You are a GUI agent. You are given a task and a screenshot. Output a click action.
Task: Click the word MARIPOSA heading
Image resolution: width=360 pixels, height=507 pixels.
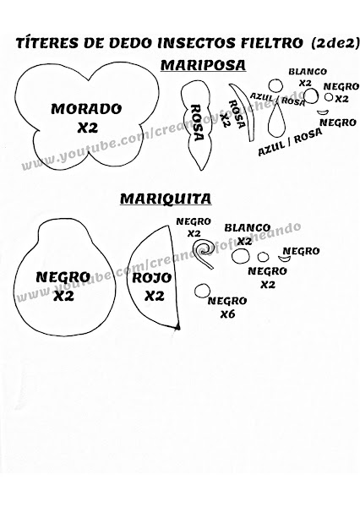coord(203,65)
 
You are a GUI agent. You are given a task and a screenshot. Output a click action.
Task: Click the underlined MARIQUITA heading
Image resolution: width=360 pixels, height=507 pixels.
coord(166,199)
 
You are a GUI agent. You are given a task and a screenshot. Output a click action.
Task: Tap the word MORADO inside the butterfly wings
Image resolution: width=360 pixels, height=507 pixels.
coord(86,109)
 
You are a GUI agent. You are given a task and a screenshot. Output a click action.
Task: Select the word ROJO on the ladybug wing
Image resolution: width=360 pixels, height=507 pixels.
coord(152,278)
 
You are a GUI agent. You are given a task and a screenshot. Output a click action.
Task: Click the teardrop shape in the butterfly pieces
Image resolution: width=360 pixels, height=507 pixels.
coord(277,123)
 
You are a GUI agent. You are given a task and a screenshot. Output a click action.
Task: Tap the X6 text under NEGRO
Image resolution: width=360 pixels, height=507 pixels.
coord(227,314)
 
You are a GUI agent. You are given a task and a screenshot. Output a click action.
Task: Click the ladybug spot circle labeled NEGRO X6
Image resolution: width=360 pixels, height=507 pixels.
coord(203,291)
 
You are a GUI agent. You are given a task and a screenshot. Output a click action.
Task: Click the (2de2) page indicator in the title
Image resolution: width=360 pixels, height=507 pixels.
coord(335,43)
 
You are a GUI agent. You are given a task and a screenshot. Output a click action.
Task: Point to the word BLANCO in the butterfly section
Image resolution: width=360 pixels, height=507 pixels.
coord(308,72)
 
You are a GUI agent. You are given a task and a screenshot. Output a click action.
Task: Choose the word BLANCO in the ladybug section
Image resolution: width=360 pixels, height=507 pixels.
coord(248,228)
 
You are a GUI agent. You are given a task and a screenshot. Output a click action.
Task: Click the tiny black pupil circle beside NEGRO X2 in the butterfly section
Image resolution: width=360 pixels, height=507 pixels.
coord(329,97)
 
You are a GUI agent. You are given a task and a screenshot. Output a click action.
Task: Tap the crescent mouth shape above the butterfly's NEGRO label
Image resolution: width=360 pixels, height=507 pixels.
coord(323,112)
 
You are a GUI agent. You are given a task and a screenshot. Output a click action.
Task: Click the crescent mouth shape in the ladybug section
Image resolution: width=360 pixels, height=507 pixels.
coord(285,259)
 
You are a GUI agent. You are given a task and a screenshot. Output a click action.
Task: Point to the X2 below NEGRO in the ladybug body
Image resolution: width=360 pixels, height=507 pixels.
coord(63,296)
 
